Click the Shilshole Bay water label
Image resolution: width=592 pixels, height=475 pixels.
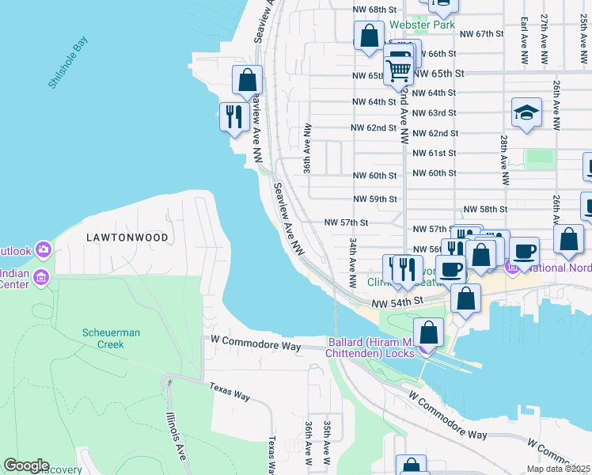pyautogui.click(x=68, y=62)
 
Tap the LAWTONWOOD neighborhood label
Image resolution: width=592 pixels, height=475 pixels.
pyautogui.click(x=127, y=237)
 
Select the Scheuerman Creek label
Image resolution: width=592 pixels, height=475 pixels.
pyautogui.click(x=111, y=338)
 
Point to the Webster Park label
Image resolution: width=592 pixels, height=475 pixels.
pyautogui.click(x=422, y=25)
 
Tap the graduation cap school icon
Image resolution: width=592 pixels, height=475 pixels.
pyautogui.click(x=526, y=113)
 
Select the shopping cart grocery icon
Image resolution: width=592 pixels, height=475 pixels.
pyautogui.click(x=399, y=70)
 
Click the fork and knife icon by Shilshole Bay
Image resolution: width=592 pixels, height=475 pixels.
pyautogui.click(x=233, y=117)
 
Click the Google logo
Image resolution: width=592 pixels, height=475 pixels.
pyautogui.click(x=26, y=465)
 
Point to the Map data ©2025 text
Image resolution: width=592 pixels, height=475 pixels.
pyautogui.click(x=558, y=469)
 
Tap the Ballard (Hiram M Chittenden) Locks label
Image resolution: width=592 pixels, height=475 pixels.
pyautogui.click(x=371, y=348)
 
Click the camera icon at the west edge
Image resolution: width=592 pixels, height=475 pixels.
pyautogui.click(x=43, y=251)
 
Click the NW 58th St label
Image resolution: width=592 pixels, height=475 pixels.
pyautogui.click(x=484, y=209)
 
